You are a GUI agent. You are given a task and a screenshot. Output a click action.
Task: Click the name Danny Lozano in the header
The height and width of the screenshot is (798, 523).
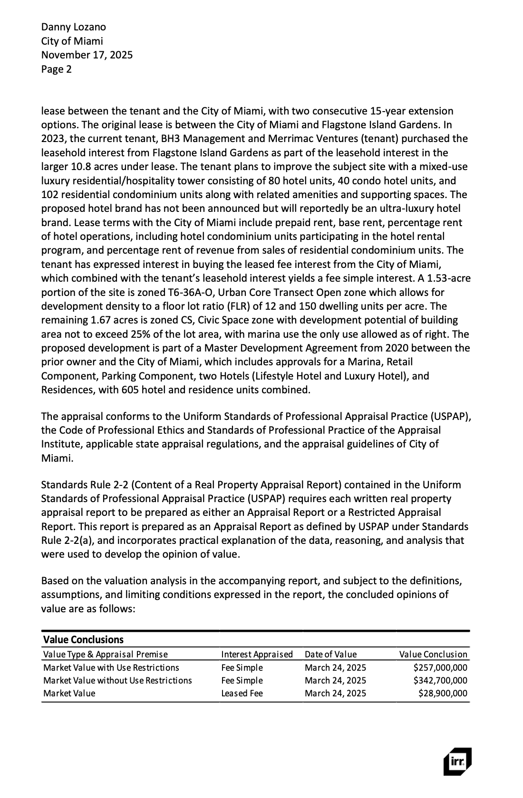(73, 27)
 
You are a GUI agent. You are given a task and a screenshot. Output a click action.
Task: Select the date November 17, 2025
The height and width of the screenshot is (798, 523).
(87, 55)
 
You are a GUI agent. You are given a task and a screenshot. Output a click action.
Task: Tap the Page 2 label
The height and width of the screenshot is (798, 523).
(56, 69)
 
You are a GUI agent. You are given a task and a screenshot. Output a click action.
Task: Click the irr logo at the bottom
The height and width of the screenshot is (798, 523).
(457, 761)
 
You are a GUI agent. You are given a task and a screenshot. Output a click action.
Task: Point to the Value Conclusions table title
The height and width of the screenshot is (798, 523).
(83, 639)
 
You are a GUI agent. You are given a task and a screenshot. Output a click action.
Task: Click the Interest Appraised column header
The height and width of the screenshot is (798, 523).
(257, 654)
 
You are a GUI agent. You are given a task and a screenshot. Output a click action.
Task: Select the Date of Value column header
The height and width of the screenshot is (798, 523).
(330, 654)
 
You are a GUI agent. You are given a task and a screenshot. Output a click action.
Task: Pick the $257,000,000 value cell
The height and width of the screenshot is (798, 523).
(440, 667)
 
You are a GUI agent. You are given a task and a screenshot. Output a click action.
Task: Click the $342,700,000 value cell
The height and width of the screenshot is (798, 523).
(440, 680)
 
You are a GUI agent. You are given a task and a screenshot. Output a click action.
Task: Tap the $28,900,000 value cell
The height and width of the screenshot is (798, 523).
(443, 693)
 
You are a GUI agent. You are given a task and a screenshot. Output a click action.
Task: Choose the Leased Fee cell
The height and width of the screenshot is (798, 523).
(242, 693)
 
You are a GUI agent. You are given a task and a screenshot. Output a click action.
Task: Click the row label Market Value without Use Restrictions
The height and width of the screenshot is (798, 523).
(117, 680)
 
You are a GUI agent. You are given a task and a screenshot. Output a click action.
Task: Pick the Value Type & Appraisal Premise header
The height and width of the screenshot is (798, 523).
(105, 654)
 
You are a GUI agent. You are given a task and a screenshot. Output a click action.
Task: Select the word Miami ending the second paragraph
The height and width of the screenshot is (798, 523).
(56, 459)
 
